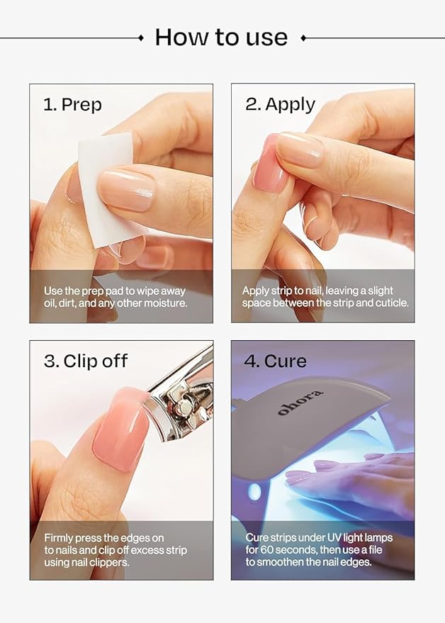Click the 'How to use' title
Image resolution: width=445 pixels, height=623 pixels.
(x=221, y=37)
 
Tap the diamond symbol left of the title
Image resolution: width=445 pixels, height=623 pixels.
(x=140, y=38)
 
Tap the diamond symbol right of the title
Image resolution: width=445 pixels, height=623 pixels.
(x=303, y=38)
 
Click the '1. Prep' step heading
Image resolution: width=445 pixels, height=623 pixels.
(x=72, y=105)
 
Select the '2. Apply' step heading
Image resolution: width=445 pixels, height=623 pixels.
(x=280, y=105)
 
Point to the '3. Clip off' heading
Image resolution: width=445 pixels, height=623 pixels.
(x=85, y=361)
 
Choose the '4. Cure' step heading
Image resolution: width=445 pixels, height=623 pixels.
(x=275, y=361)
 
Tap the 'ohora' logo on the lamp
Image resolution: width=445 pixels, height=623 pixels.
(x=300, y=402)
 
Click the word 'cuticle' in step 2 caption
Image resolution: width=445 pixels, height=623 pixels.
(x=390, y=303)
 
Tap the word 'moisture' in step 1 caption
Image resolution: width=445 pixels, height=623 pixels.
(x=165, y=303)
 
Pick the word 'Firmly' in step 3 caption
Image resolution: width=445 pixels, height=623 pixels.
(x=60, y=538)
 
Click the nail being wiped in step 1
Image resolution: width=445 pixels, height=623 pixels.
(x=126, y=190)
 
